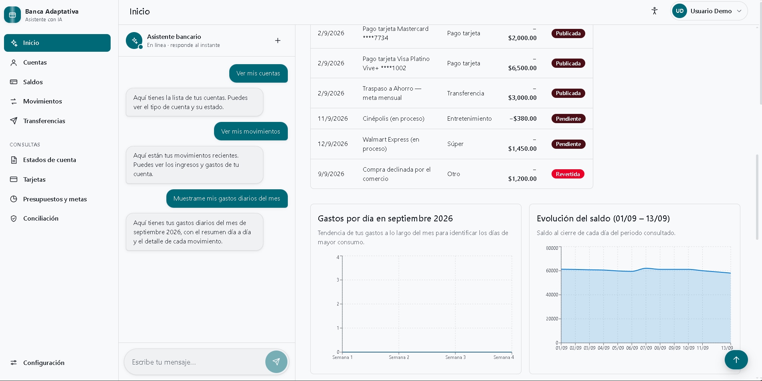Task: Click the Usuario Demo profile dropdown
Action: pos(709,11)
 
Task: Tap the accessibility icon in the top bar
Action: pos(655,11)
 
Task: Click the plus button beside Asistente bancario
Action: pos(278,41)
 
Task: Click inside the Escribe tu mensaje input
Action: pos(196,362)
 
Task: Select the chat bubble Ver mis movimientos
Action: pos(251,131)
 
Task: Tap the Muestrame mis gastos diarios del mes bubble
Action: pos(227,199)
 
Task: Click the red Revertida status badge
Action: pos(568,174)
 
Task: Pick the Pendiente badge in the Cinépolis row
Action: pos(568,119)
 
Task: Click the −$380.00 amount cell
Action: pos(523,119)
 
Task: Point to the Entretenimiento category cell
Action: pos(469,119)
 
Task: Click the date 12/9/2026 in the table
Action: pos(333,144)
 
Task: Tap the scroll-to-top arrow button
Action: pos(736,360)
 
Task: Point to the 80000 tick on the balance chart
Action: pos(552,248)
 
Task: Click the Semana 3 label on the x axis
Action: pos(455,357)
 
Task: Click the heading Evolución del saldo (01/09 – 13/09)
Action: pos(603,219)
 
